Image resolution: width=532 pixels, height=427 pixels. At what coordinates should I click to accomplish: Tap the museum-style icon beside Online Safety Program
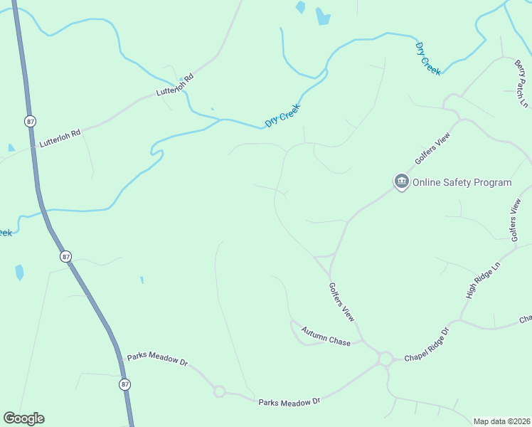(401, 182)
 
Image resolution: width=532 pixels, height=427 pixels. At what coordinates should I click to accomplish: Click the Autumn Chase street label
(326, 337)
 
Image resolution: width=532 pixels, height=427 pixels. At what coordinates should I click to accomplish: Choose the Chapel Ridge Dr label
(427, 345)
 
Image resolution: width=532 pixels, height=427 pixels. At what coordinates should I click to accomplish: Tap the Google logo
(23, 418)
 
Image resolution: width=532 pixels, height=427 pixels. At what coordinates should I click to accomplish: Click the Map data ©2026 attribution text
(501, 421)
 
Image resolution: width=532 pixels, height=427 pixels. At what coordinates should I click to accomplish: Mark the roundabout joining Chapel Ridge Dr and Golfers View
(385, 359)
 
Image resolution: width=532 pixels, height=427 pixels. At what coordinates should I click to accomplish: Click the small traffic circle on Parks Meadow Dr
(219, 391)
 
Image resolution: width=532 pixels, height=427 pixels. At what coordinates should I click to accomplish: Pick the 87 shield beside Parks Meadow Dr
(125, 384)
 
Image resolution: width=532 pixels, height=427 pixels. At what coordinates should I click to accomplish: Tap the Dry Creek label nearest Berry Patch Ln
(428, 58)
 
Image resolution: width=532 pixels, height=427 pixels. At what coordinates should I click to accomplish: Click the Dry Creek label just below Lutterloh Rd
(282, 115)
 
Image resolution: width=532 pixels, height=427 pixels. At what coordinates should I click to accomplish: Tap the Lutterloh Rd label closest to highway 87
(60, 137)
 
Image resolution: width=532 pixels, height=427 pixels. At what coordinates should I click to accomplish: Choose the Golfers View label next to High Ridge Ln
(516, 218)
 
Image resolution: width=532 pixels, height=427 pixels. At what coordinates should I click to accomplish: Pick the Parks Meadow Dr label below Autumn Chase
(289, 402)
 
